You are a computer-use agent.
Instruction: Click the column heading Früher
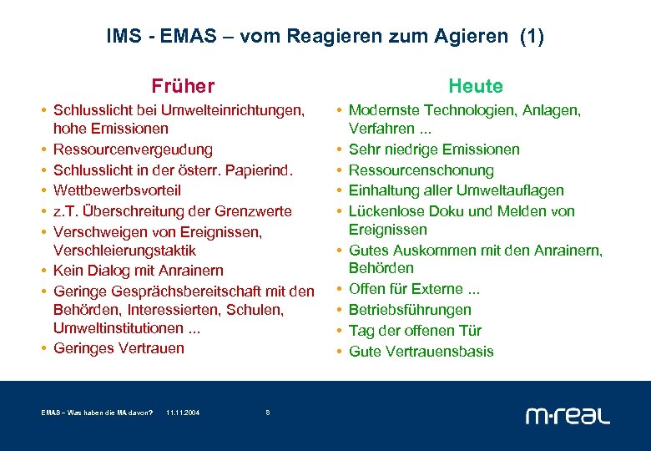click(183, 86)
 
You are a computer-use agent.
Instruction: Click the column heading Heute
click(476, 86)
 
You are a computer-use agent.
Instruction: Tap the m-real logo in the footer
click(568, 415)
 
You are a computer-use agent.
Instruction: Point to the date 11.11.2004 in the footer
click(183, 413)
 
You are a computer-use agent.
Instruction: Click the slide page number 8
click(267, 413)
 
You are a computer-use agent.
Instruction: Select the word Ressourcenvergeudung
click(133, 149)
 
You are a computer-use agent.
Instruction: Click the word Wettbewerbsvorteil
click(117, 190)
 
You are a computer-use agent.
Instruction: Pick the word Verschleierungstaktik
click(125, 251)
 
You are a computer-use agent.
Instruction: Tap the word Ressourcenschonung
click(421, 170)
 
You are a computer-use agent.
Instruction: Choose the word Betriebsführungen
click(410, 310)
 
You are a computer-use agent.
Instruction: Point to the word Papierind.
click(262, 170)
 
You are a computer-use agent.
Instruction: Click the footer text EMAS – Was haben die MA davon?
click(97, 413)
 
